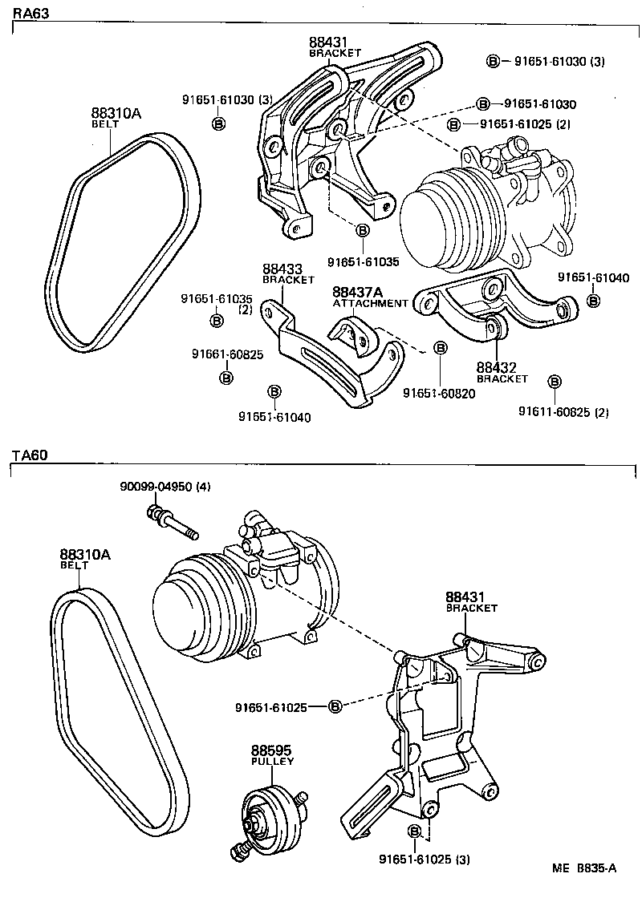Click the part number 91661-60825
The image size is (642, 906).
[x=226, y=354]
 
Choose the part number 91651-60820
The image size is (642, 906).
[x=440, y=393]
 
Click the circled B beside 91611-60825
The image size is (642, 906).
[x=554, y=381]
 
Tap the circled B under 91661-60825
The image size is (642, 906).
[x=226, y=377]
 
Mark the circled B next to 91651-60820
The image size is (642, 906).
[x=440, y=347]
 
